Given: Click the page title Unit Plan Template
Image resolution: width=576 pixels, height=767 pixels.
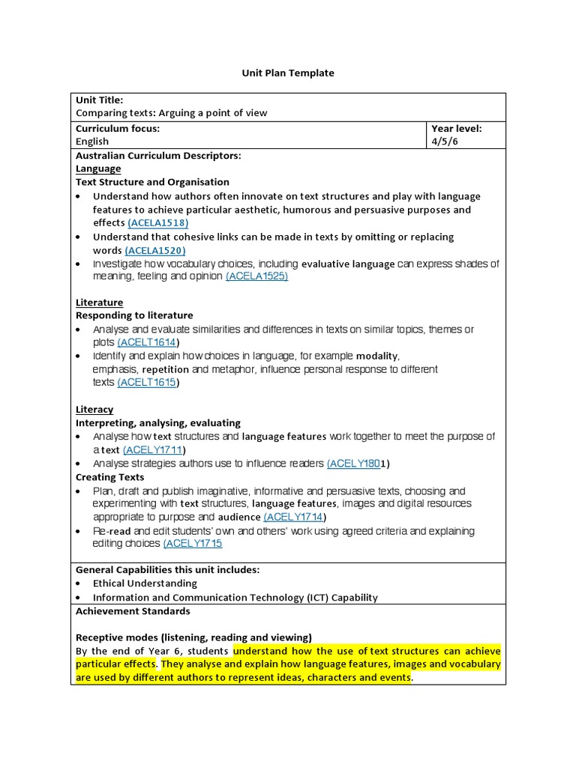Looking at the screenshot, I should (x=287, y=73).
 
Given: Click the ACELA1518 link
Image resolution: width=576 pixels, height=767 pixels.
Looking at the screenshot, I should (x=158, y=223).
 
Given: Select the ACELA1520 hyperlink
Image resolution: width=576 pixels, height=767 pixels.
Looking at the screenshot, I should (x=155, y=250).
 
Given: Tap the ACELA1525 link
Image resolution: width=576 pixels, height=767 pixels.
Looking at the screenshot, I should (x=256, y=276).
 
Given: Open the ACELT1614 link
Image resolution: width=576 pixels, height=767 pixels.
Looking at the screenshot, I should (x=148, y=342).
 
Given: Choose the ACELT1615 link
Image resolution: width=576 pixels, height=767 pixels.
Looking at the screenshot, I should (x=148, y=383).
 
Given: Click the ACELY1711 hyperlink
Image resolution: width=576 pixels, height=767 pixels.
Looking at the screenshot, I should (x=153, y=450).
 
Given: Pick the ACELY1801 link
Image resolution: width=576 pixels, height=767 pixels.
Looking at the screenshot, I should (x=355, y=464).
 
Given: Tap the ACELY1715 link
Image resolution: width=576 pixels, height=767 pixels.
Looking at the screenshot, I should (x=193, y=544).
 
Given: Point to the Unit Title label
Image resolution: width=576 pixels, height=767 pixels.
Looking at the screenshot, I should (x=100, y=100).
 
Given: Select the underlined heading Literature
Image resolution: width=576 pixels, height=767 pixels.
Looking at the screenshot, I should (x=99, y=303).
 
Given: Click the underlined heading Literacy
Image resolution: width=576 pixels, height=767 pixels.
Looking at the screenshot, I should (x=94, y=410).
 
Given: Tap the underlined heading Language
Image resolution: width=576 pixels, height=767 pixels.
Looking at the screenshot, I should (x=97, y=169).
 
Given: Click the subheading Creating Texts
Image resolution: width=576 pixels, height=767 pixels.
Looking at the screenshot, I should (x=110, y=477).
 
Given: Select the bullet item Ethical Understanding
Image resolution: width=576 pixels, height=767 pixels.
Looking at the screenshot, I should (x=145, y=583).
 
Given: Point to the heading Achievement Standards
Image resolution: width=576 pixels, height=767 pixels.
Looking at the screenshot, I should (x=133, y=611).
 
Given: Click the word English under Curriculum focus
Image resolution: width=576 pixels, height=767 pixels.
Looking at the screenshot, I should (x=92, y=142).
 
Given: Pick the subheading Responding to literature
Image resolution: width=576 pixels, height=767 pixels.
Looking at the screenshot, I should (x=134, y=316).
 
